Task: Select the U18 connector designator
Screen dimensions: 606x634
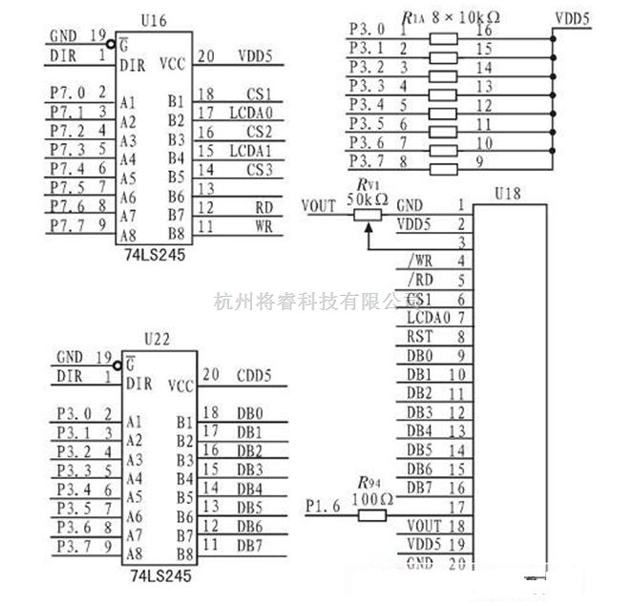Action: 508,195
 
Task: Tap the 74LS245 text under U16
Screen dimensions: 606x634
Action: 155,256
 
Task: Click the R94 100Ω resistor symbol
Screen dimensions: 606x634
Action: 371,515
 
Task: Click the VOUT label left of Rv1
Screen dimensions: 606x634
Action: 318,204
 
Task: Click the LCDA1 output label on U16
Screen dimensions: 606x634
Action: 251,151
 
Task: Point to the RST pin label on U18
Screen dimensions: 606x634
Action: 420,336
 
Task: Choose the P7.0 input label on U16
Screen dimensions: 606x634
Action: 67,93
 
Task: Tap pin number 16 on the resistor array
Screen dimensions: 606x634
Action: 483,30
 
